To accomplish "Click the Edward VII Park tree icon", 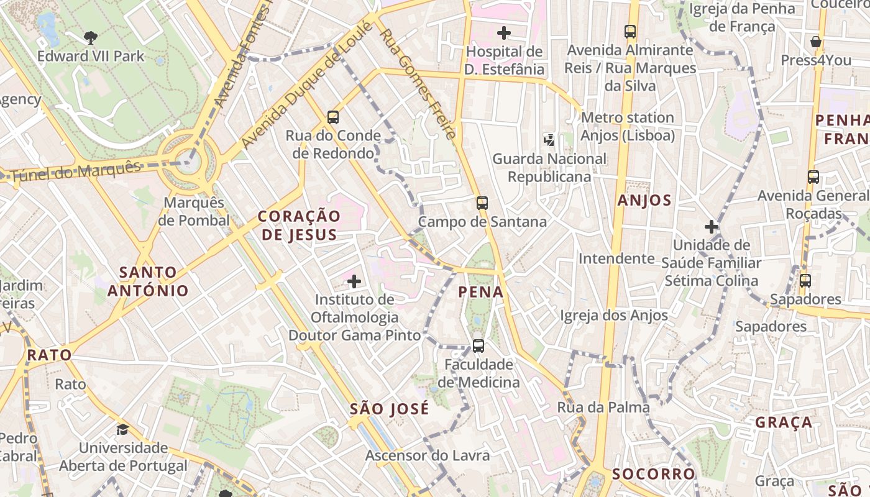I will point(91,38).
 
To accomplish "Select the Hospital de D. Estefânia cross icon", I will point(504,32).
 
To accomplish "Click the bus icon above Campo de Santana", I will point(482,203).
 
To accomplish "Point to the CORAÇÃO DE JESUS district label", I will point(299,225).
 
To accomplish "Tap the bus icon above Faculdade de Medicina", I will point(478,346).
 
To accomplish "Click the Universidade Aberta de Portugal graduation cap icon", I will point(123,429).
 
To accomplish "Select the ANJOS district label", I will point(644,200).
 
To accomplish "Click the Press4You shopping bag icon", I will point(816,42).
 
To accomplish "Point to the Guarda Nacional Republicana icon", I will point(549,140).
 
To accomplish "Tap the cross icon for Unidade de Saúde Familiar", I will point(712,227).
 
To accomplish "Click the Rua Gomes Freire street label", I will point(418,84).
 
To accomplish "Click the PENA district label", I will point(480,292).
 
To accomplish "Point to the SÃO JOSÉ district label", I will point(389,409).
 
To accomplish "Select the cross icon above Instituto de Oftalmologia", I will point(354,282).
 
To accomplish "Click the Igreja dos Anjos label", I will point(614,316).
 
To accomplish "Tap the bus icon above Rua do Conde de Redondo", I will point(333,117).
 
